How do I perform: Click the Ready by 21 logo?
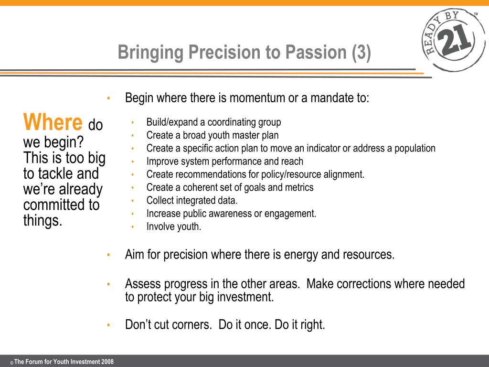pyautogui.click(x=454, y=40)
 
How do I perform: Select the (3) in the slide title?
pyautogui.click(x=361, y=53)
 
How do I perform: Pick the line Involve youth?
pyautogui.click(x=174, y=227)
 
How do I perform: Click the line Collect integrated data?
pyautogui.click(x=192, y=200)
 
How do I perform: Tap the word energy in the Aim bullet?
pyautogui.click(x=301, y=255)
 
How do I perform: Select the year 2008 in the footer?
pyautogui.click(x=107, y=362)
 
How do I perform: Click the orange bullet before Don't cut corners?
pyautogui.click(x=108, y=325)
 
